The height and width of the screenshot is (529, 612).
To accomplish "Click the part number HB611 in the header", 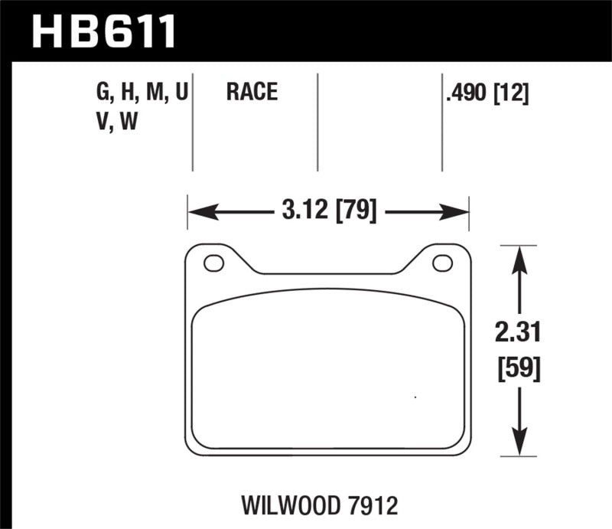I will tap(104, 31).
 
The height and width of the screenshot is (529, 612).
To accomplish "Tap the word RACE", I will tap(251, 93).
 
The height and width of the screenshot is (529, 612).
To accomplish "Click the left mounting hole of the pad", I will tap(213, 263).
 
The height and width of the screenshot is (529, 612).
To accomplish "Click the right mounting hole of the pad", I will tap(442, 263).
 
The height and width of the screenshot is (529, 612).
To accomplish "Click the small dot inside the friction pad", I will tap(415, 397).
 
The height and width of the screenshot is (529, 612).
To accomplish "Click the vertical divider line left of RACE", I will tap(192, 122).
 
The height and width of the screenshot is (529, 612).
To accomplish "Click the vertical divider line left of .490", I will tap(441, 122).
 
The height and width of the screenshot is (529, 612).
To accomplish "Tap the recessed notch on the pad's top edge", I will tap(328, 272).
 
